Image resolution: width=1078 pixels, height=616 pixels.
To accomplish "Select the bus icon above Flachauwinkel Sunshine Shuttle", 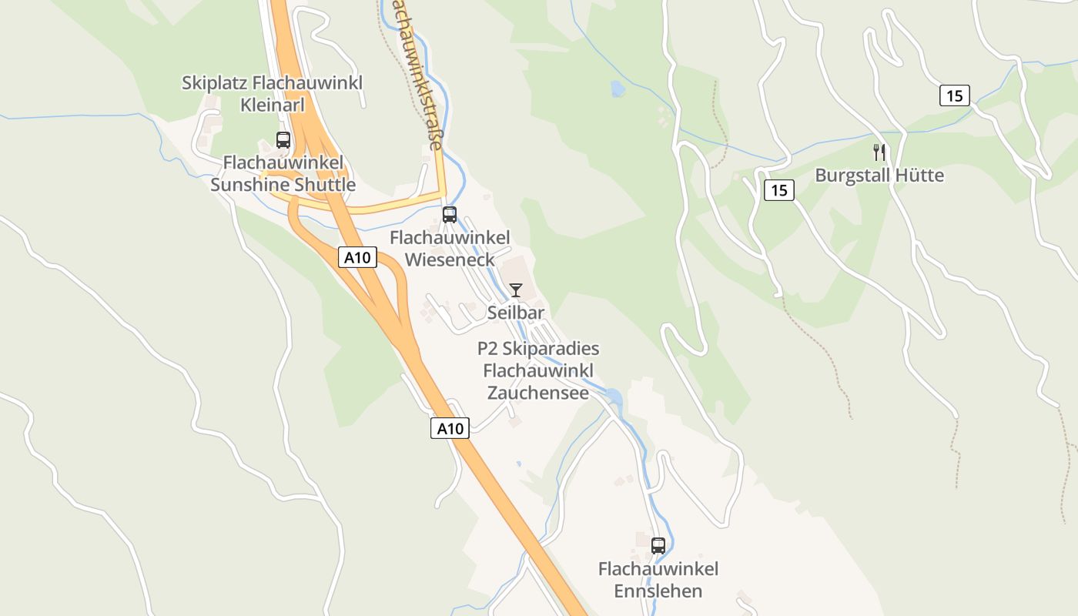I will [x=283, y=140].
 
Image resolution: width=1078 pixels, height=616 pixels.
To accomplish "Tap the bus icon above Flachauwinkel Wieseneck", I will [x=450, y=215].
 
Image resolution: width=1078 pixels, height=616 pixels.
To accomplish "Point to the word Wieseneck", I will [x=450, y=259].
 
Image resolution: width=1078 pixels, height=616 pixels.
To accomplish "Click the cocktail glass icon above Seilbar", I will [x=516, y=290].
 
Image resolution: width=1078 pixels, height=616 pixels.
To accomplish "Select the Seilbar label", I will [x=516, y=313].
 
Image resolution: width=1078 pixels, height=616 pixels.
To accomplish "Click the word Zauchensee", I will [x=538, y=393].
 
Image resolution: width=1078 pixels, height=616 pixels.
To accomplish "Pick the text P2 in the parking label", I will [x=487, y=349].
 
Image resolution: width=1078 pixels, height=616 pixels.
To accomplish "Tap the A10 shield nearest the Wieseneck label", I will [x=357, y=258].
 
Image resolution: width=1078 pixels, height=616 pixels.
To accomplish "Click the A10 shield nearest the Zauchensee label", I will [x=450, y=429].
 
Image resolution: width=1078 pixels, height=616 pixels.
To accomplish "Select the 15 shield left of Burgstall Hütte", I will [x=779, y=190].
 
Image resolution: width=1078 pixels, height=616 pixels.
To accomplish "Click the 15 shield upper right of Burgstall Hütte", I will [x=955, y=96].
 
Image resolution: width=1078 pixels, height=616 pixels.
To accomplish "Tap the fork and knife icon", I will [x=879, y=152].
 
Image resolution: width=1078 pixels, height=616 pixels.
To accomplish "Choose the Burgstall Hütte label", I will [x=879, y=176].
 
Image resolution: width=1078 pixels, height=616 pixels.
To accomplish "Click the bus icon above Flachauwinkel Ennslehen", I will [x=658, y=546].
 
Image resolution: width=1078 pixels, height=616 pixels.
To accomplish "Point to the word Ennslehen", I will [x=658, y=591].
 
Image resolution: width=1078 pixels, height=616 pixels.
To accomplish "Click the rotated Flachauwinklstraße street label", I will [x=418, y=73].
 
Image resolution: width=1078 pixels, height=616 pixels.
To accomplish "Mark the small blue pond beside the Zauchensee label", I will [x=614, y=397].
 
